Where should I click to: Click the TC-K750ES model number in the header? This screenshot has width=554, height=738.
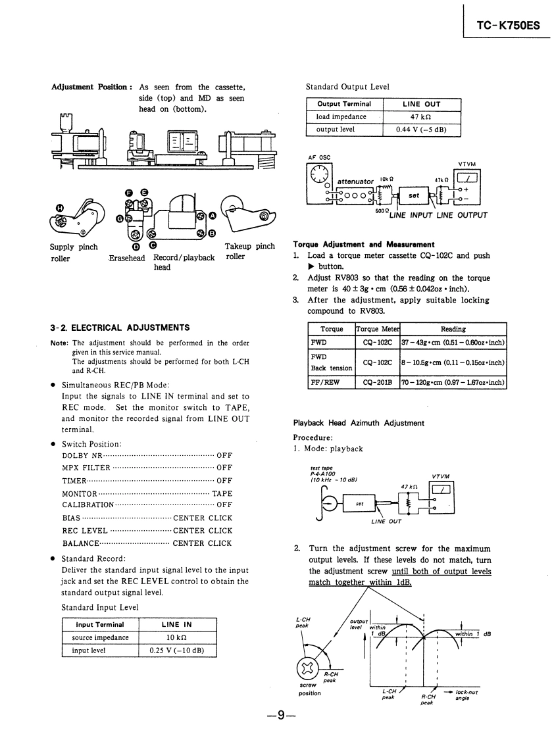tap(508, 26)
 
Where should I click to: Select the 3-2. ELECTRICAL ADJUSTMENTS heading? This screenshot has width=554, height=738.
tap(120, 328)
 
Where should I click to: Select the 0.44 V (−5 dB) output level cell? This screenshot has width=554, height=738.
tap(421, 130)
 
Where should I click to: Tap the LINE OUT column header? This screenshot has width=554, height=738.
tap(421, 104)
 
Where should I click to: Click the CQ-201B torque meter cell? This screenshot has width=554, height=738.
tap(377, 381)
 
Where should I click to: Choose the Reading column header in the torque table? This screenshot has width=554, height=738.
tap(453, 329)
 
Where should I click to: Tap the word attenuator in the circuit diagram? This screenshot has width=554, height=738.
tap(355, 182)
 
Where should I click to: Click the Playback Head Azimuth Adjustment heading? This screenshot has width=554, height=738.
tap(358, 423)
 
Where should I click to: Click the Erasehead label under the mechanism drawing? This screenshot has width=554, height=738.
tap(127, 258)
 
